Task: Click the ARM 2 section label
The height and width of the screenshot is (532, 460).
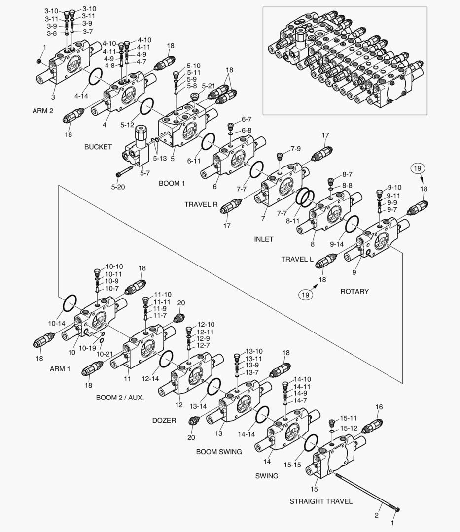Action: pos(43,111)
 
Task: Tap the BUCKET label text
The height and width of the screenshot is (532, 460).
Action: pos(98,147)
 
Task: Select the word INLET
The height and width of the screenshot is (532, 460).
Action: pos(263,239)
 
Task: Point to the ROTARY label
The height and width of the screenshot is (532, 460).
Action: pos(354,291)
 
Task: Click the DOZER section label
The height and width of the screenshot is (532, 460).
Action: pos(164,420)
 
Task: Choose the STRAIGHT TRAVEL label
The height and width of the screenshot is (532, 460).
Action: pos(320,501)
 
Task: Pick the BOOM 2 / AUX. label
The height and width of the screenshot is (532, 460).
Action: pos(120,397)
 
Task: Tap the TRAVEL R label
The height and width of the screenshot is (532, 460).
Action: pos(201,204)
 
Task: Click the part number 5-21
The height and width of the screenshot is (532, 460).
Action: pos(209,86)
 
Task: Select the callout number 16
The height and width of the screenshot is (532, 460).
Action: pos(379,407)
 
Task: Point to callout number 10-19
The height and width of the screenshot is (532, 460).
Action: pos(88,348)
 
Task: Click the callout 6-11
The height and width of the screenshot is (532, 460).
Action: pos(194,161)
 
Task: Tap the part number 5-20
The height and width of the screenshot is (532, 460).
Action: pos(118,187)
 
